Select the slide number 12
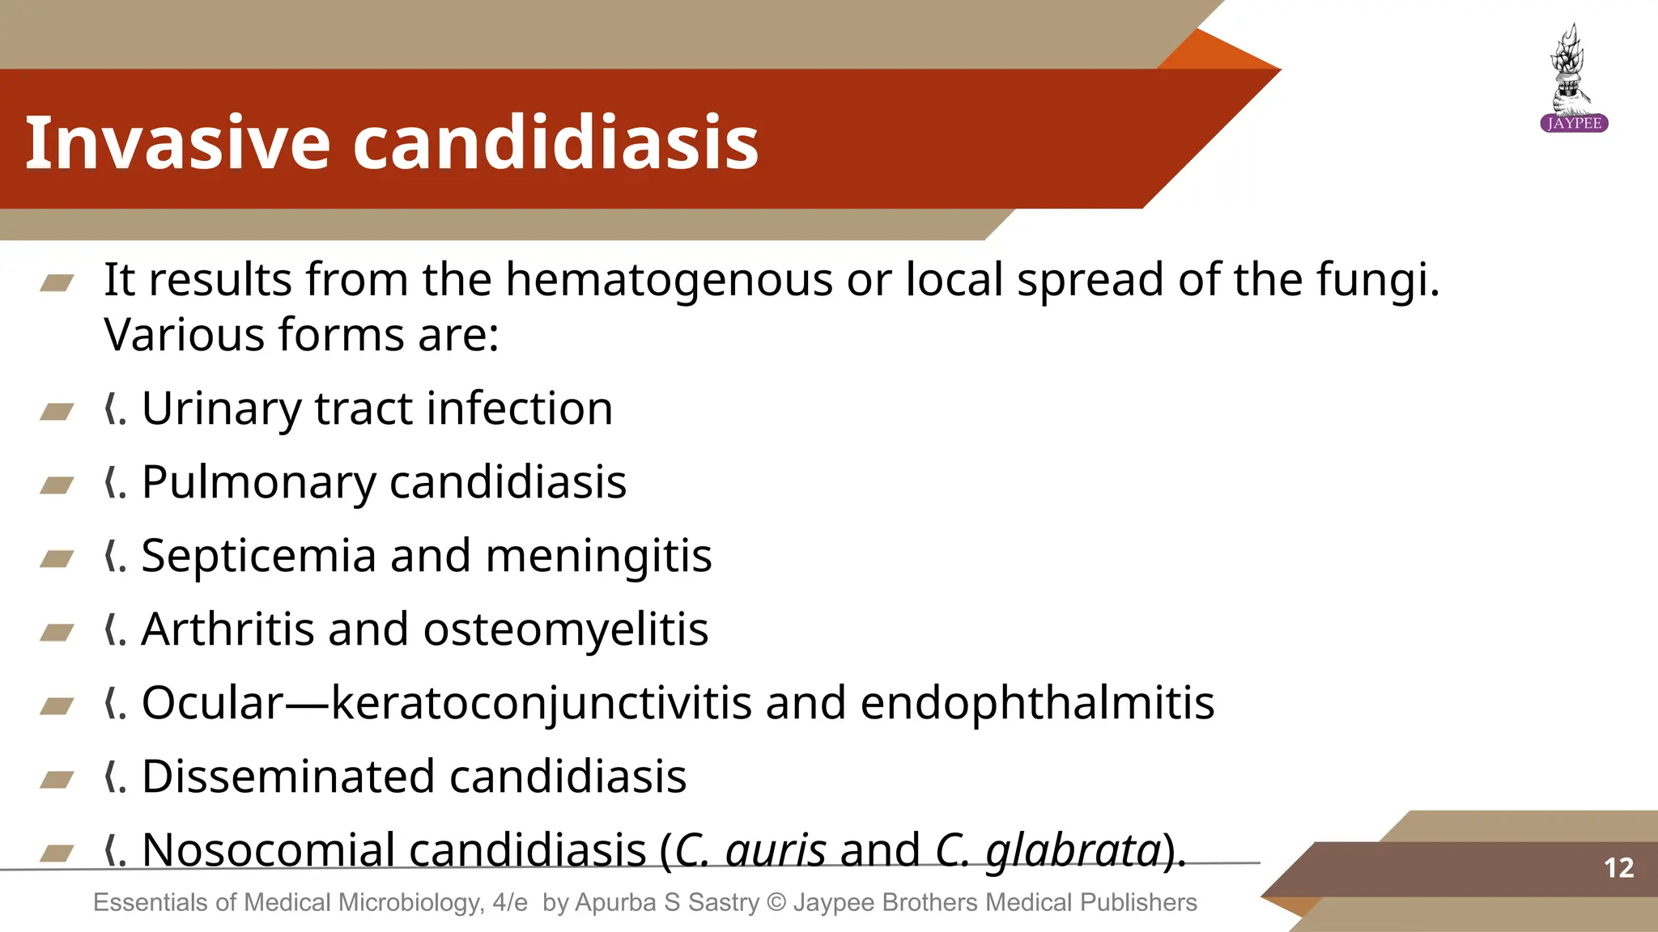tap(1618, 868)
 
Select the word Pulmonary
tap(258, 483)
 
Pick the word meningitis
tap(598, 557)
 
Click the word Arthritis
tap(227, 629)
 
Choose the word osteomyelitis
tap(565, 629)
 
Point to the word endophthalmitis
tap(1037, 703)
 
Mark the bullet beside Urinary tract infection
tap(57, 412)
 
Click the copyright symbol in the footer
tap(776, 902)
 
